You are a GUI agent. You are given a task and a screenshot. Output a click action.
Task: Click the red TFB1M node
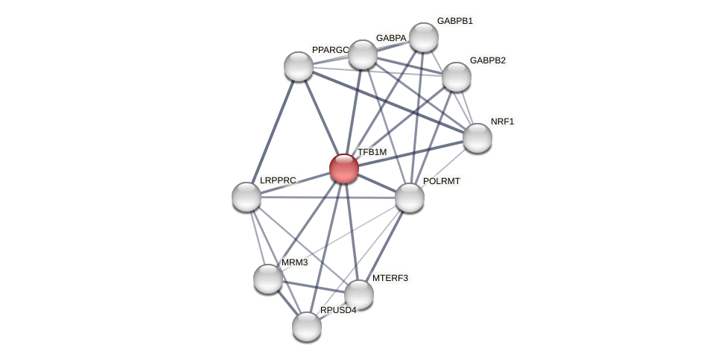coord(344,168)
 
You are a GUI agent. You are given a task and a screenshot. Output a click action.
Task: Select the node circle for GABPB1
coord(424,37)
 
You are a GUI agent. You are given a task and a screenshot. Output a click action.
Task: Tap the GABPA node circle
coord(363,54)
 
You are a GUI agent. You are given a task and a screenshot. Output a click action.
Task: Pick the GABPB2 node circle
coord(457,77)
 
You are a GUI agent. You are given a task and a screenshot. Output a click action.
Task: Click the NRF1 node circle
coord(477,138)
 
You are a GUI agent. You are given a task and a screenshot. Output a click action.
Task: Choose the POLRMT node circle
coord(410,198)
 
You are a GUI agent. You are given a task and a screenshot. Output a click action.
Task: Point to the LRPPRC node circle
coord(247,197)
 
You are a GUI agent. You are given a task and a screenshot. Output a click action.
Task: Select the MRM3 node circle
coord(268,279)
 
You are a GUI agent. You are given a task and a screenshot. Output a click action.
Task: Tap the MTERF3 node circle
coord(359,294)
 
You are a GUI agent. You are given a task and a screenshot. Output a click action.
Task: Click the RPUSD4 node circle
coord(307,326)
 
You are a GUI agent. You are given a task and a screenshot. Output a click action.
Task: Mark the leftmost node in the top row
coord(299,66)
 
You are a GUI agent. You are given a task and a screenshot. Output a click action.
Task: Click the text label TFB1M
coord(372,152)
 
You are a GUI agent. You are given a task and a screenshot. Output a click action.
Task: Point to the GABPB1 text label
coord(454,21)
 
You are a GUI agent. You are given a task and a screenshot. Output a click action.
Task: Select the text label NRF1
coord(502,121)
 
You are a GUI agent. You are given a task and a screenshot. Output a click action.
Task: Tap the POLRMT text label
coord(442,181)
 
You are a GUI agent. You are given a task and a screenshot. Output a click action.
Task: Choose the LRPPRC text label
coord(278,180)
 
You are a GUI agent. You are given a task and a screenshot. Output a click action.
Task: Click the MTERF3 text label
coord(390,278)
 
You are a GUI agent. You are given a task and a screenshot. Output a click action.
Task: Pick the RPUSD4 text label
coord(338,310)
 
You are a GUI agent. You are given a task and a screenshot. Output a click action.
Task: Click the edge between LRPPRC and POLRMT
coord(328,198)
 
